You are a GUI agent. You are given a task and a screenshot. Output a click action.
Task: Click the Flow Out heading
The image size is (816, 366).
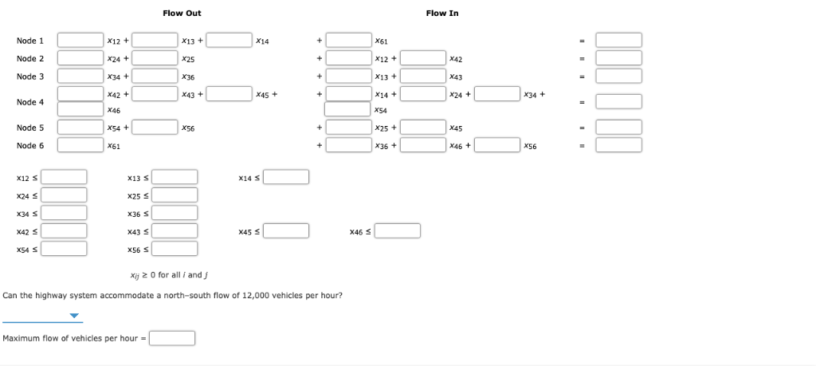pyautogui.click(x=182, y=13)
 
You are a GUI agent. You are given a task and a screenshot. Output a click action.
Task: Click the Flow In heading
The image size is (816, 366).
pyautogui.click(x=442, y=13)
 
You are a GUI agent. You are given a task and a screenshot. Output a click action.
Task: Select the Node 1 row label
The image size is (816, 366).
pyautogui.click(x=30, y=41)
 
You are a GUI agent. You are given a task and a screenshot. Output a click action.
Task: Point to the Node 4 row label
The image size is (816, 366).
pyautogui.click(x=30, y=102)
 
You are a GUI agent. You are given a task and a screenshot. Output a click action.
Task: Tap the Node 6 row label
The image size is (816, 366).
pyautogui.click(x=30, y=146)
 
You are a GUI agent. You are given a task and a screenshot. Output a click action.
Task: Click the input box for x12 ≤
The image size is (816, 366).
pyautogui.click(x=65, y=177)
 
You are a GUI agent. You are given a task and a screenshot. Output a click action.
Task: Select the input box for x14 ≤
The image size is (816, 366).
pyautogui.click(x=286, y=177)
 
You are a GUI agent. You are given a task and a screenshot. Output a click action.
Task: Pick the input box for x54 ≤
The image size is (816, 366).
pyautogui.click(x=65, y=250)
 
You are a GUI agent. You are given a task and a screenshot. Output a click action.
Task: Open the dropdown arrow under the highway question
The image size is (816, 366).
pyautogui.click(x=75, y=317)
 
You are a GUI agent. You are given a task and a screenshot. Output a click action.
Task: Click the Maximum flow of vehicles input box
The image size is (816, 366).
pyautogui.click(x=173, y=339)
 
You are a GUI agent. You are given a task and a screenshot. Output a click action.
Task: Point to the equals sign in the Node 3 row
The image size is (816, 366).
pyautogui.click(x=583, y=77)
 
